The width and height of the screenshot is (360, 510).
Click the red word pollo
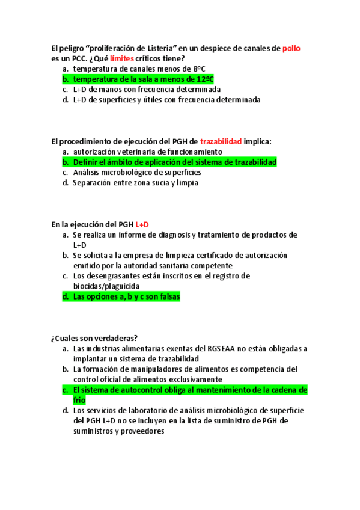coord(291,48)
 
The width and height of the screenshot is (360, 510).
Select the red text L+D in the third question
coord(142,224)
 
